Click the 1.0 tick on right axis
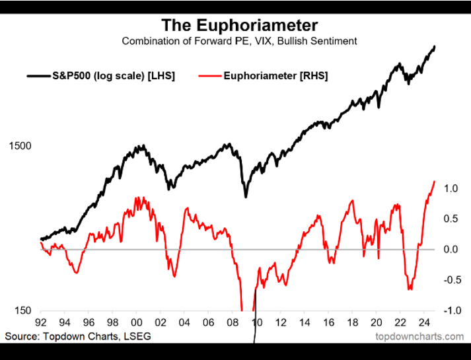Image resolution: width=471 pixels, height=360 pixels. (x=451, y=188)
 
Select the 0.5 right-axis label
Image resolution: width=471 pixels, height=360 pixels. (x=451, y=219)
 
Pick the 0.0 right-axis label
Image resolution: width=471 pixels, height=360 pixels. (x=451, y=249)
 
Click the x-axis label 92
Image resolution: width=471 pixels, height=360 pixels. (x=41, y=324)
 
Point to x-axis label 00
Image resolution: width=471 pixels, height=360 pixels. (x=137, y=324)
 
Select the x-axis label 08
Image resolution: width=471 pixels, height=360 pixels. (x=233, y=324)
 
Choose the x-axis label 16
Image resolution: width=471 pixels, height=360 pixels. (x=328, y=324)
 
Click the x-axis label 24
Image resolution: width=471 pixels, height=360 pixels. (x=423, y=324)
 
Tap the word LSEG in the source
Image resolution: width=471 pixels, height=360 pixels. (x=138, y=336)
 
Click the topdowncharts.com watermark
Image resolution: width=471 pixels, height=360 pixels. (x=419, y=336)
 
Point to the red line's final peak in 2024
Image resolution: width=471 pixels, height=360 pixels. (x=434, y=181)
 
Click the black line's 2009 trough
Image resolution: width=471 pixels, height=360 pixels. (x=246, y=196)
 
